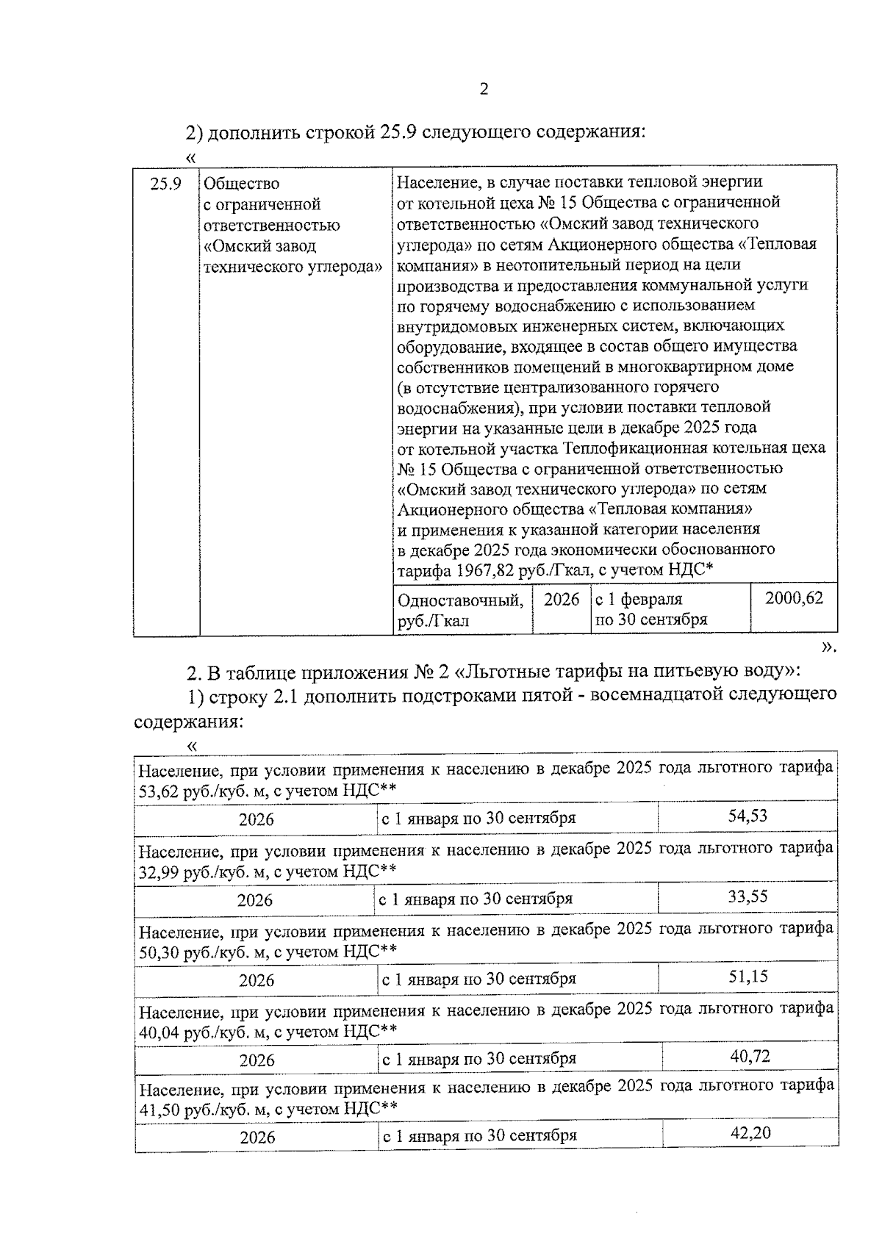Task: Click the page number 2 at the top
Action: (x=483, y=90)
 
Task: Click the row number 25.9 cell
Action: (x=165, y=184)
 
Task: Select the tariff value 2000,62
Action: (x=794, y=598)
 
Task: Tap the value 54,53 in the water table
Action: (x=747, y=816)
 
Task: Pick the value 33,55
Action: (x=747, y=896)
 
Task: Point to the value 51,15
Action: (x=748, y=976)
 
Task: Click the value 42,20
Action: (x=750, y=1132)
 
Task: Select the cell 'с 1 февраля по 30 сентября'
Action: (x=650, y=609)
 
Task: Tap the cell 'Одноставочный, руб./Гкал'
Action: (x=461, y=610)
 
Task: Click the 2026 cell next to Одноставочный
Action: (x=562, y=600)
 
